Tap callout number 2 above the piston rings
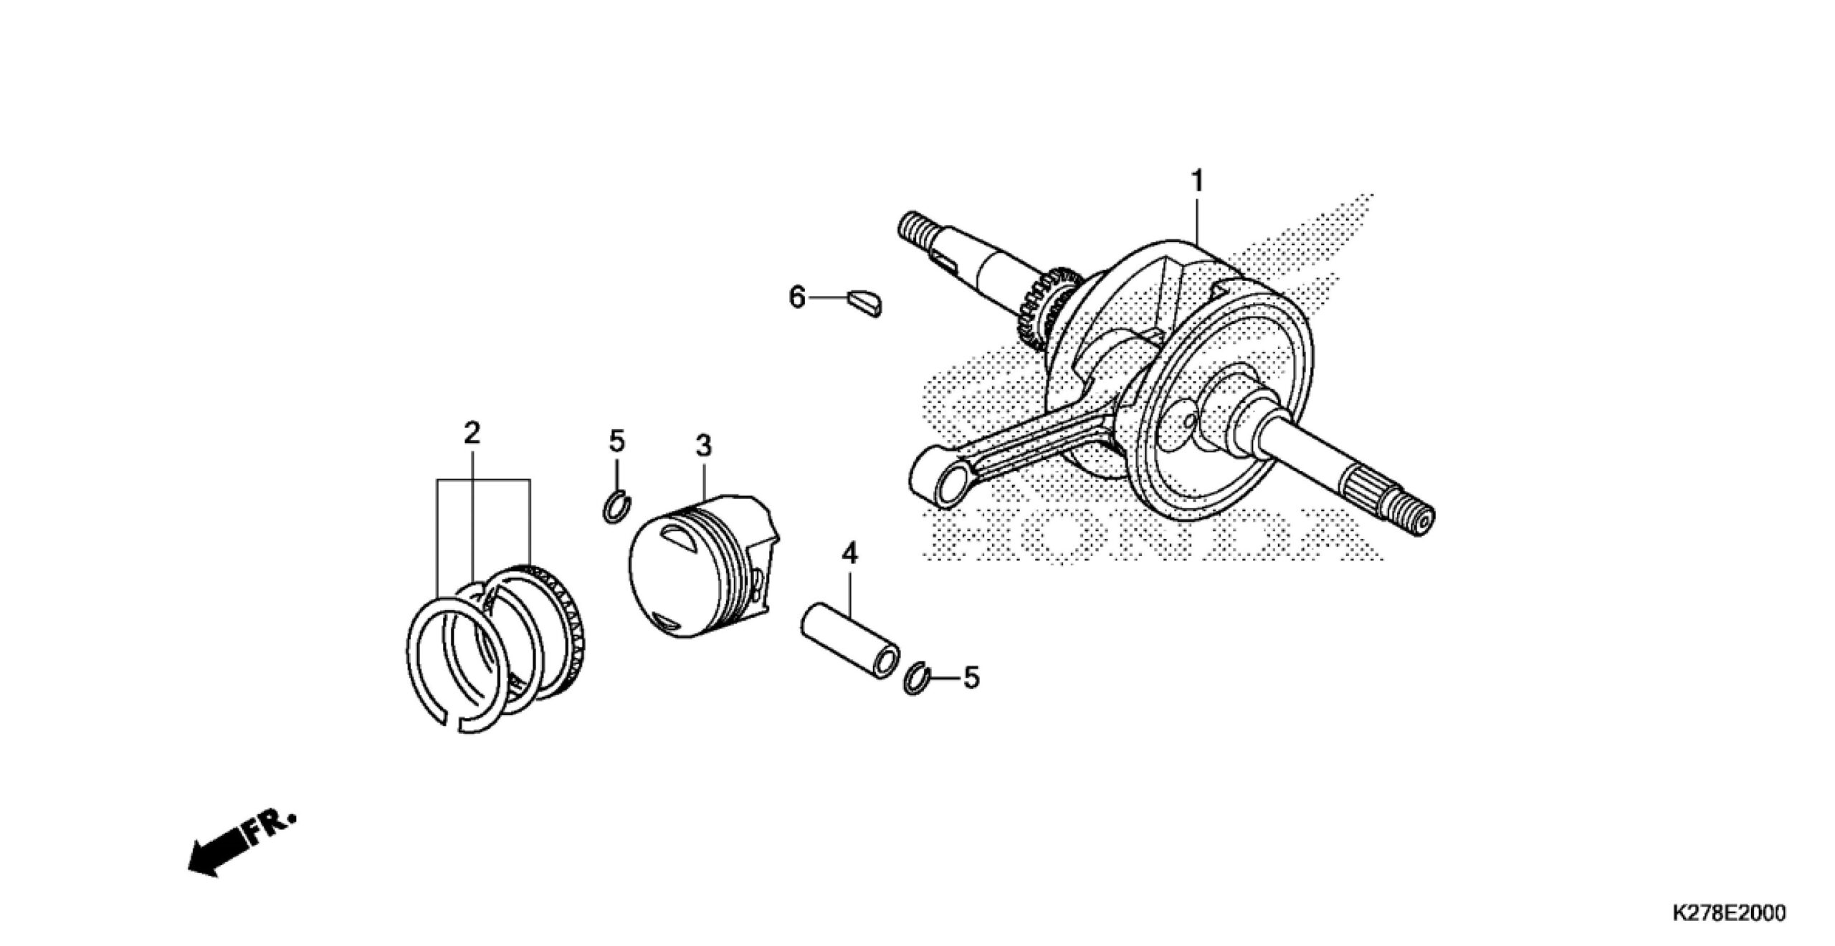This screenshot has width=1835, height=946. pyautogui.click(x=471, y=432)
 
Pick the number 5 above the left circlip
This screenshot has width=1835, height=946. pyautogui.click(x=617, y=441)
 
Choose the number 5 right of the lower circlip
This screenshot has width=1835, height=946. pyautogui.click(x=971, y=677)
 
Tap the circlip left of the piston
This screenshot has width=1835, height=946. pyautogui.click(x=616, y=507)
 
